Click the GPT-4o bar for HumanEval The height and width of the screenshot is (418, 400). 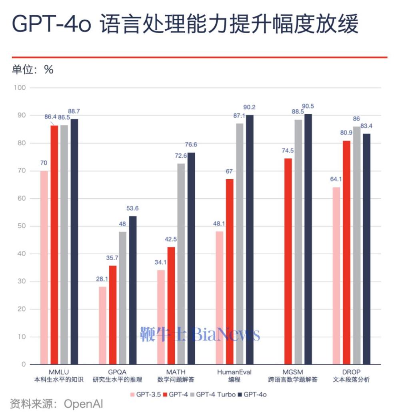(x=250, y=240)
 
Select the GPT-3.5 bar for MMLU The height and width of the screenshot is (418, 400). (x=44, y=267)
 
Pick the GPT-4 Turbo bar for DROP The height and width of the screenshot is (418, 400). (x=356, y=246)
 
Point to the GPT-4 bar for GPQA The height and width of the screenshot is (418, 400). (x=113, y=315)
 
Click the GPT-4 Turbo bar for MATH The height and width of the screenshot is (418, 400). (x=181, y=264)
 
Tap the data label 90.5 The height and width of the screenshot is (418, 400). (x=308, y=106)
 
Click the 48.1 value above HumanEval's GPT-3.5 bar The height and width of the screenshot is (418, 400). (x=219, y=224)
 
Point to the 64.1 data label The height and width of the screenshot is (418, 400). (x=336, y=180)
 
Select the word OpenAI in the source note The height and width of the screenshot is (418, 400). (x=84, y=404)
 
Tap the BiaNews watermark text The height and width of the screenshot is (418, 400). (x=226, y=335)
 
